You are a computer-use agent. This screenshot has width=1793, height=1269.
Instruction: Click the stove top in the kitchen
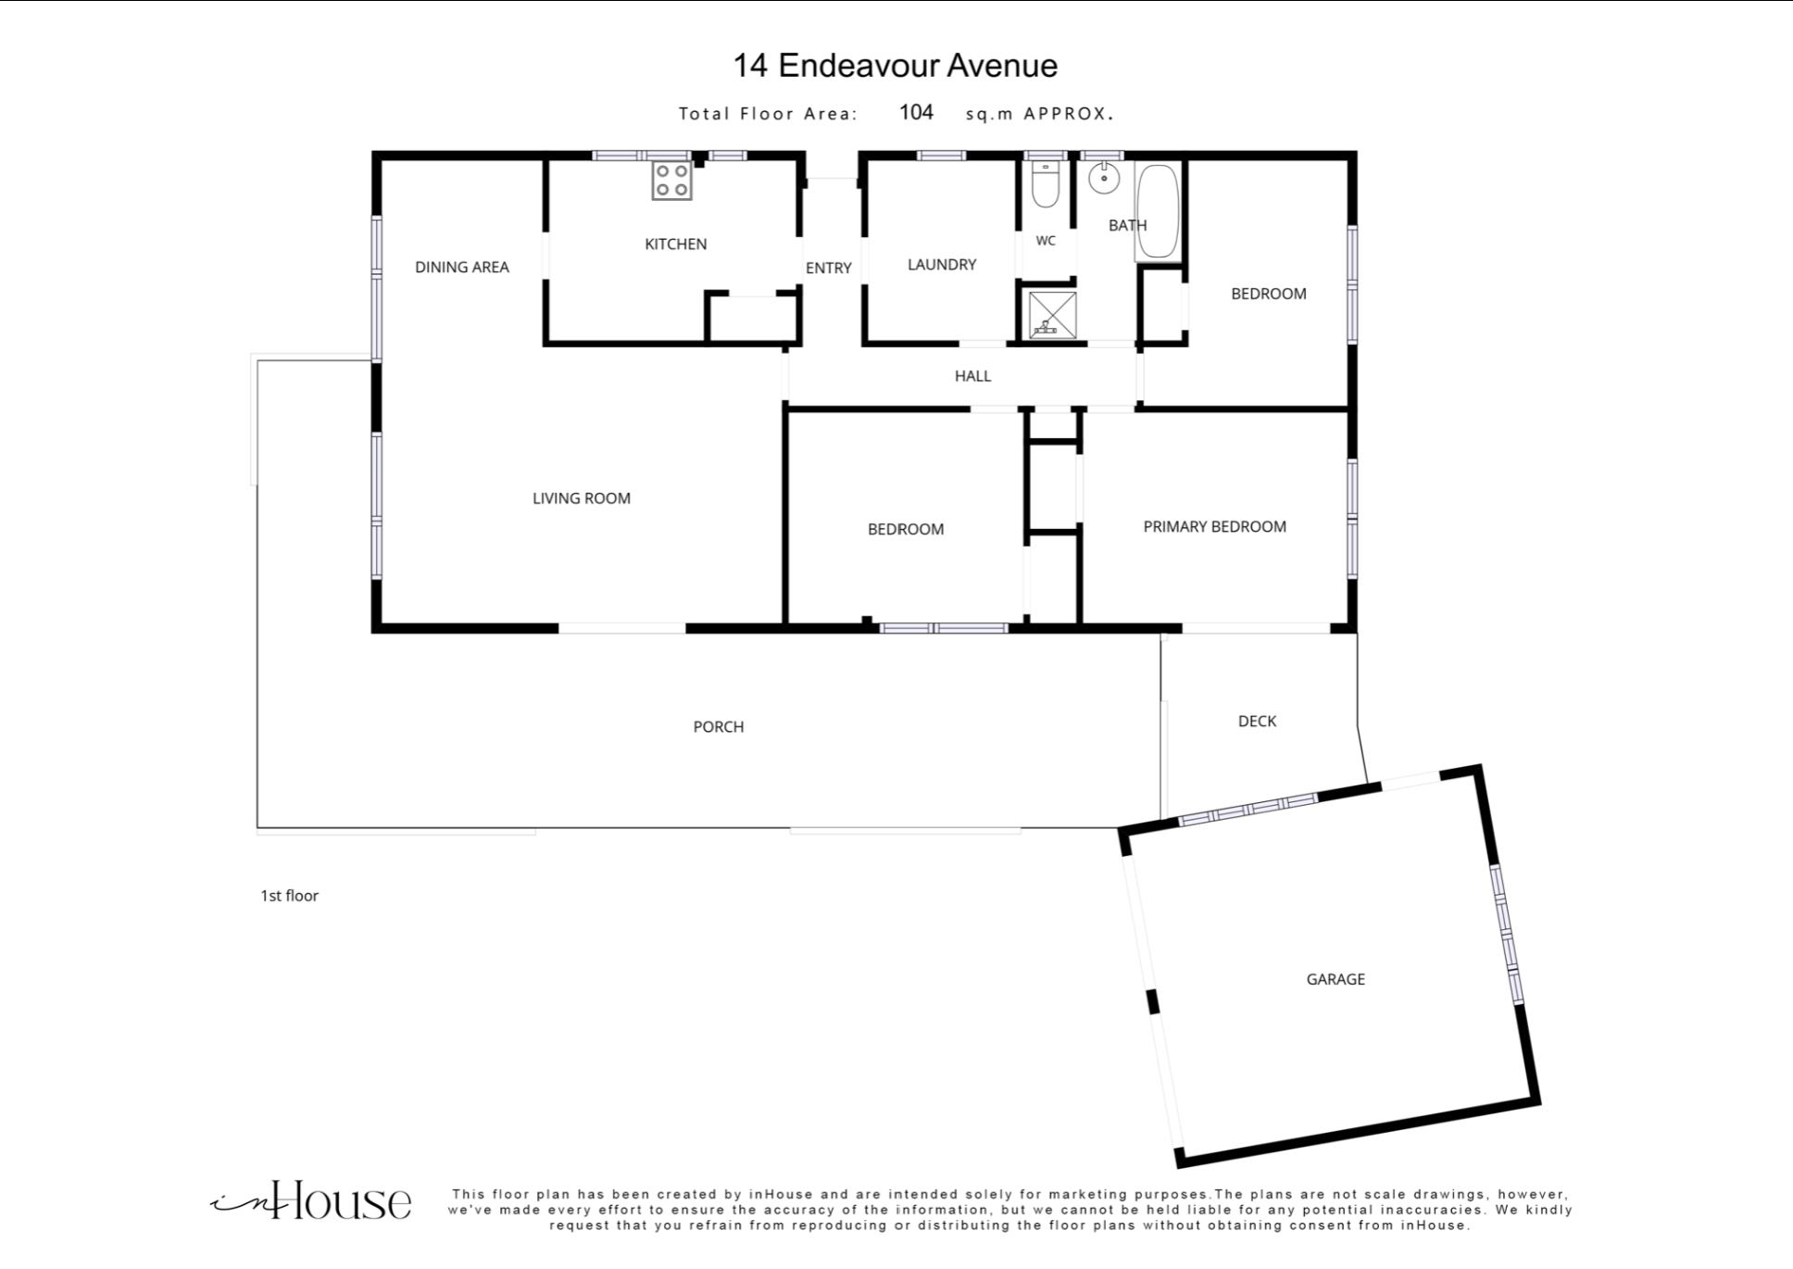coord(671,181)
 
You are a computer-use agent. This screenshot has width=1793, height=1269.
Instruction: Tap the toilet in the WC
coord(1045,185)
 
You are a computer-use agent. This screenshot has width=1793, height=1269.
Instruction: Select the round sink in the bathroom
coord(1104,177)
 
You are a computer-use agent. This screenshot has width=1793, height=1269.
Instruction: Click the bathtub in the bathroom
coord(1158,211)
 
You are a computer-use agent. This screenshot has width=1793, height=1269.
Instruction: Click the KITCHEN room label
coord(675,245)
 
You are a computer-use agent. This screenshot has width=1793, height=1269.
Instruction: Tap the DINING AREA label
coord(462,268)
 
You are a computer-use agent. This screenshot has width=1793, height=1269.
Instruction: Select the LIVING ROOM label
coord(582,498)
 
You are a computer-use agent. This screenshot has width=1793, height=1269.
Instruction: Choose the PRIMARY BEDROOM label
coord(1214,527)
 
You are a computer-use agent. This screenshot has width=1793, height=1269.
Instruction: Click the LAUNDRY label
coord(942,265)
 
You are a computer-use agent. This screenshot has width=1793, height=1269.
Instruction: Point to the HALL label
coord(972,376)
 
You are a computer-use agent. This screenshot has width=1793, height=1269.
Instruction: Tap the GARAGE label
coord(1335,979)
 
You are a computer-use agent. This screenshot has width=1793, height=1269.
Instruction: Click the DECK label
coord(1257,722)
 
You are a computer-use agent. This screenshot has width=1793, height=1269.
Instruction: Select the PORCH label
coord(719,727)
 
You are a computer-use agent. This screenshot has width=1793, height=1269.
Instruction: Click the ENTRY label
coord(828,269)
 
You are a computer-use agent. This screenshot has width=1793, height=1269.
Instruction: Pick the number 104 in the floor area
coord(916,112)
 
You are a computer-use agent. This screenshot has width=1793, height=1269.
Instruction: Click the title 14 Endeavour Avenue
coord(896,66)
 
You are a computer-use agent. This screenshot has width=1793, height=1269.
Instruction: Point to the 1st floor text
coord(289,896)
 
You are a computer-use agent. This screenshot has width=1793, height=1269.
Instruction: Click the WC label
coord(1046,241)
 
